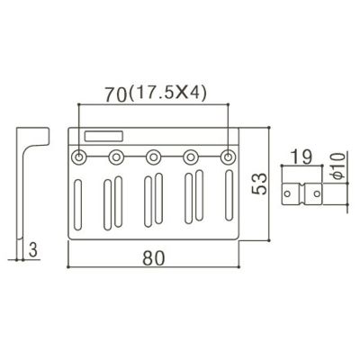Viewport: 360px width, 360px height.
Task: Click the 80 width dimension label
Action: (154, 258)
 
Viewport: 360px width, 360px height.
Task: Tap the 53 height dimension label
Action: (259, 184)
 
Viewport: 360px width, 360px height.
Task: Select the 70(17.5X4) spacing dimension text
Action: (156, 94)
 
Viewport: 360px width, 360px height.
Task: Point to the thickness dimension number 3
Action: (33, 250)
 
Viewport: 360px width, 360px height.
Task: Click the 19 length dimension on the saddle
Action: (301, 157)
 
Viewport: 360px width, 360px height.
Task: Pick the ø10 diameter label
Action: (338, 166)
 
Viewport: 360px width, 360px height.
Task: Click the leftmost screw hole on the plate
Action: (79, 157)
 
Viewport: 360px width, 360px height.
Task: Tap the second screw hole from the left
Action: (116, 157)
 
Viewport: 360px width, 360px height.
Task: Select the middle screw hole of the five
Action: (153, 157)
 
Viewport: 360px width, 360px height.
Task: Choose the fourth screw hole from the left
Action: (191, 157)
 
